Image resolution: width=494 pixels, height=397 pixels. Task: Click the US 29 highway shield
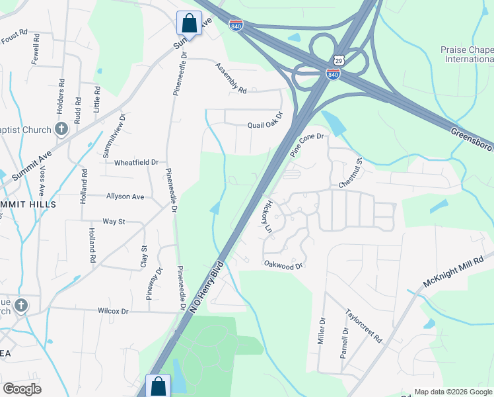338,60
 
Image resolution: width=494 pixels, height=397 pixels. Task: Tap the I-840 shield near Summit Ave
235,24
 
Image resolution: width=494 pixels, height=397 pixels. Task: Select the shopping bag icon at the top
189,23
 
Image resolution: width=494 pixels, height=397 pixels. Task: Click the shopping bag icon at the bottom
159,386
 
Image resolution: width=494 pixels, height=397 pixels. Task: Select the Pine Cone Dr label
308,145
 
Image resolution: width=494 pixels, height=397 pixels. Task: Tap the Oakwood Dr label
283,266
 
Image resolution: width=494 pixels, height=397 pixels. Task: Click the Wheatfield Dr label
137,162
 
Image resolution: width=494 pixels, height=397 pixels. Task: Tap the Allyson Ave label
125,197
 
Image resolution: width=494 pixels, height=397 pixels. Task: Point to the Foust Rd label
14,33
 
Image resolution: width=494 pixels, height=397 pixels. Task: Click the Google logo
22,389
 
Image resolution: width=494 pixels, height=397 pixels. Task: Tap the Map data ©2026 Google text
452,392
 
